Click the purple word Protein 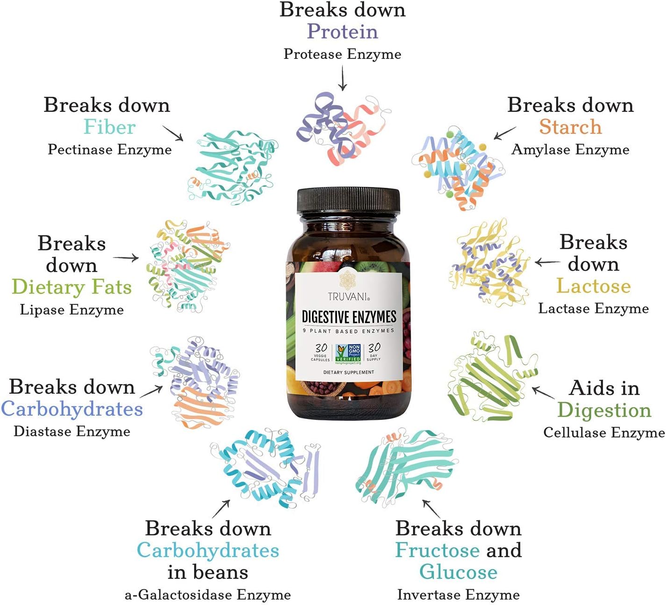pos(342,32)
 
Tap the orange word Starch pos(571,127)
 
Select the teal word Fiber pos(109,127)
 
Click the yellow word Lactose pos(594,286)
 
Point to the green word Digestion pos(604,410)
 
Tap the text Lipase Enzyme pos(72,310)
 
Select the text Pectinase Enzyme pos(110,150)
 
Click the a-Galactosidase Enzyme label pos(208,595)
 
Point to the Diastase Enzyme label pos(72,432)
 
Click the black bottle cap pos(348,201)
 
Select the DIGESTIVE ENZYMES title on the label pos(349,317)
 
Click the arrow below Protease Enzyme pos(343,78)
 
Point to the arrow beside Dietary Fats pos(126,258)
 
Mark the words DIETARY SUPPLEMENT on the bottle pos(348,372)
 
